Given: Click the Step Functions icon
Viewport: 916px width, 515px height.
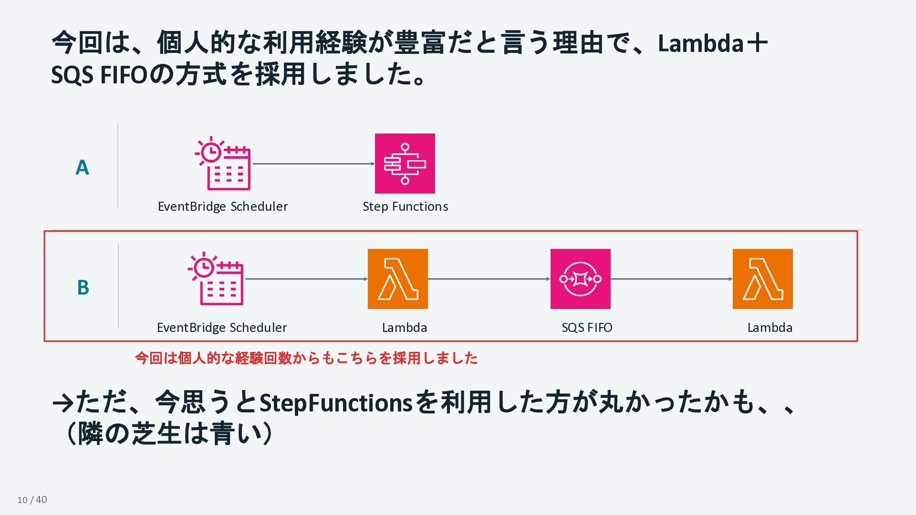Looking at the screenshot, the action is click(405, 164).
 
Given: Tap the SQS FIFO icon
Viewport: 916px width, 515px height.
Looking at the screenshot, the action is click(580, 279).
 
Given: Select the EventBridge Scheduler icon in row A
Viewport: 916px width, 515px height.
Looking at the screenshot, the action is click(223, 164).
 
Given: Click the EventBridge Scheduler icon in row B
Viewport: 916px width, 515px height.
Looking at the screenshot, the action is click(216, 278).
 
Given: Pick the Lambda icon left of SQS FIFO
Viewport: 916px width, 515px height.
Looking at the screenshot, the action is click(398, 279).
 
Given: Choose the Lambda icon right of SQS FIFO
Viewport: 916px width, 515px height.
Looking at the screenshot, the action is click(763, 279).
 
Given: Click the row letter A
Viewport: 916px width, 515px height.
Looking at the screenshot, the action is click(82, 168).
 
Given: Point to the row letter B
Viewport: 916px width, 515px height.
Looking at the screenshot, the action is click(83, 288).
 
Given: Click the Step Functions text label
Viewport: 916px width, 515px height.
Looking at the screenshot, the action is click(406, 206).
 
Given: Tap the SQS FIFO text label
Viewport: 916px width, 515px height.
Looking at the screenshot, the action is click(587, 328).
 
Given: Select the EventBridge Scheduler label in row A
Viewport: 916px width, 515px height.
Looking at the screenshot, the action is click(223, 206).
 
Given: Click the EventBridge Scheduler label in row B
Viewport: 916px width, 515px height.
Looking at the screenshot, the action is click(222, 328).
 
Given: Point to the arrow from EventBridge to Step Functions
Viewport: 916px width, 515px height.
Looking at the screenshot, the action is click(313, 164).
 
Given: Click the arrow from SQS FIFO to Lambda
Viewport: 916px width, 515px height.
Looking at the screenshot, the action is click(672, 279).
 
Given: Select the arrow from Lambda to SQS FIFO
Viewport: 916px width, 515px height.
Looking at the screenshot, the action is click(489, 279).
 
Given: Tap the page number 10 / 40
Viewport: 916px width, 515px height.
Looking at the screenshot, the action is click(32, 500).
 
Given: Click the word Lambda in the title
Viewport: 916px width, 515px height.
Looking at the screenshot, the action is click(700, 43).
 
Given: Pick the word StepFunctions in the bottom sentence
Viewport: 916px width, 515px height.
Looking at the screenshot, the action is click(336, 403).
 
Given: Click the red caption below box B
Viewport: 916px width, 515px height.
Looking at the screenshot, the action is click(306, 358).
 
